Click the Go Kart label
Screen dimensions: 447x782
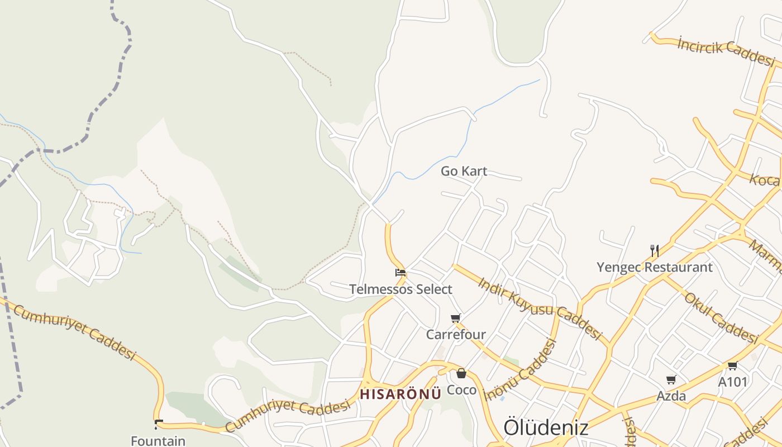(x=464, y=171)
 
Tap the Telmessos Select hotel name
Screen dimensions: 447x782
(x=400, y=289)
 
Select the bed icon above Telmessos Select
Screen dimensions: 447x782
(x=400, y=273)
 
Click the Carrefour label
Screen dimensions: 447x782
(x=456, y=335)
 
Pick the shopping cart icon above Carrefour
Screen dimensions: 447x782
(x=456, y=318)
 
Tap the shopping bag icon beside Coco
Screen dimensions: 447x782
(x=461, y=373)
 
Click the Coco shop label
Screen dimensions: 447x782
(x=462, y=390)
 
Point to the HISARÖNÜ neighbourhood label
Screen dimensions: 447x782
(x=400, y=394)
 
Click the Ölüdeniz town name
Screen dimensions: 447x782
(x=546, y=427)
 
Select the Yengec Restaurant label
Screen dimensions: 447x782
(x=655, y=267)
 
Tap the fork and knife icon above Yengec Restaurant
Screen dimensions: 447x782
(x=655, y=250)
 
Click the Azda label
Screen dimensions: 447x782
(x=671, y=396)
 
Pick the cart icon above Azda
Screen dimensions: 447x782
(x=671, y=380)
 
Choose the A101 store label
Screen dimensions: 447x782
(x=732, y=382)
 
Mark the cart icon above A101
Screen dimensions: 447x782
(x=732, y=366)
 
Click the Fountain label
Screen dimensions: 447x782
(x=158, y=441)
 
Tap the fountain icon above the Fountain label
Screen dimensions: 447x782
(x=159, y=425)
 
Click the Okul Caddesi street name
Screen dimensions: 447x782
(x=721, y=317)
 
